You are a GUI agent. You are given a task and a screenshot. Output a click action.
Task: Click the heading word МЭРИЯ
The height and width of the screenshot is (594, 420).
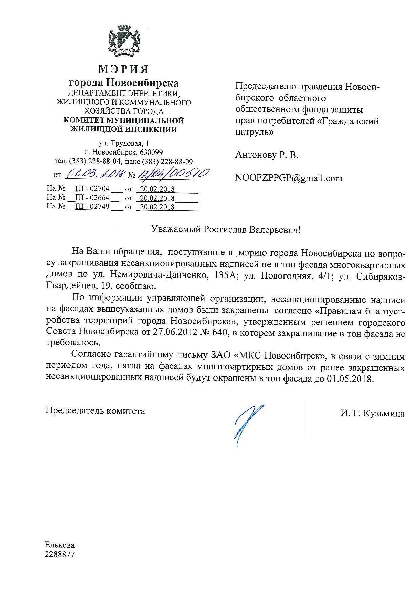[x=123, y=69]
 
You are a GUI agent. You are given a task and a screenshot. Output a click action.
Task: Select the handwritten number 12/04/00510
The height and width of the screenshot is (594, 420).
[x=172, y=174]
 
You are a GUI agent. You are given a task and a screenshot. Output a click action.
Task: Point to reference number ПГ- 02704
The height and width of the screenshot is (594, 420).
[x=92, y=189]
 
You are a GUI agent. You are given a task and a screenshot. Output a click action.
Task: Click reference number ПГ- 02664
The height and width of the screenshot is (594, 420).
[x=92, y=198]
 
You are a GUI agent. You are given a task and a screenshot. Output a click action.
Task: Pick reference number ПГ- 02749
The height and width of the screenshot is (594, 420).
[x=92, y=206]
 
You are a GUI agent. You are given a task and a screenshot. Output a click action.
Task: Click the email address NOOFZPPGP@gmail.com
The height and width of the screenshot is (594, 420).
[x=289, y=178]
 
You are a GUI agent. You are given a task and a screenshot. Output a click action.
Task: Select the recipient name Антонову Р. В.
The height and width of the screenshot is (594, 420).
[x=267, y=155]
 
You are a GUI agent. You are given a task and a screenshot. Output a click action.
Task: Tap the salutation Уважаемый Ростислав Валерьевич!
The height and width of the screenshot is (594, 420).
[x=226, y=230]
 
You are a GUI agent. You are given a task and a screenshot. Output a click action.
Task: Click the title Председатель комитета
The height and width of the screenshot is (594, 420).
[x=95, y=411]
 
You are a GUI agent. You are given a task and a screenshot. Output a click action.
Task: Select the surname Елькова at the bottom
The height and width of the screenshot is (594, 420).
[x=60, y=545]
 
